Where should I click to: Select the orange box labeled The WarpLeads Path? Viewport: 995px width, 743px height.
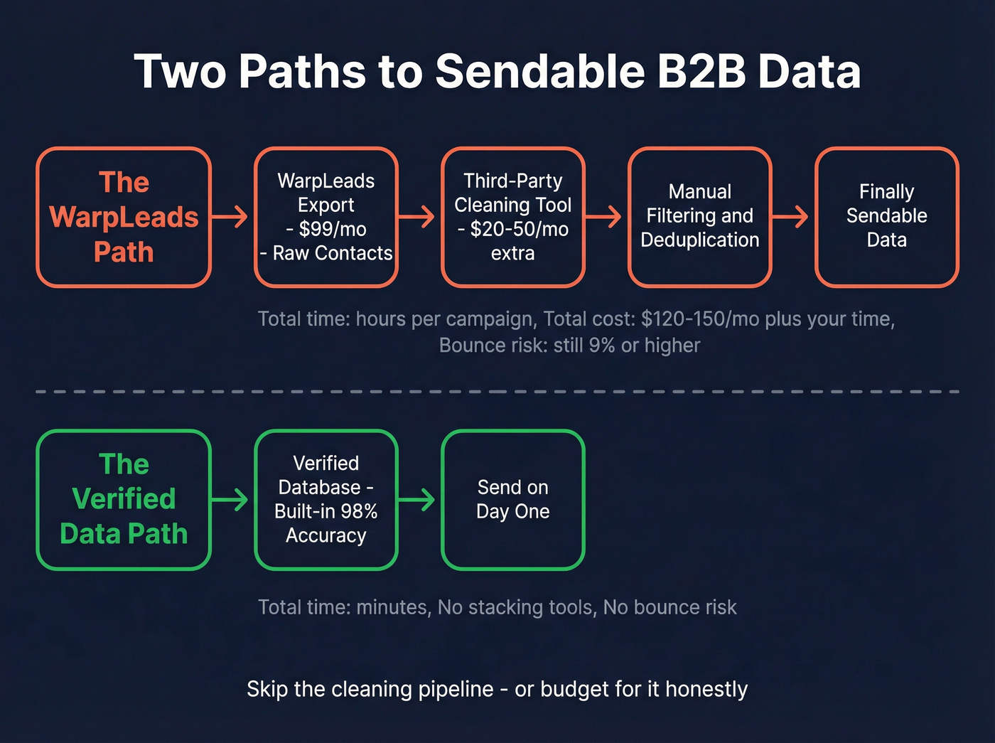[x=124, y=217]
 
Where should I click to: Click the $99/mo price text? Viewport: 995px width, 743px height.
[x=332, y=229]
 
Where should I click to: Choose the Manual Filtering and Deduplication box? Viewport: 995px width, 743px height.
[x=700, y=216]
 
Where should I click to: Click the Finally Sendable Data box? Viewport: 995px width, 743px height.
[x=886, y=216]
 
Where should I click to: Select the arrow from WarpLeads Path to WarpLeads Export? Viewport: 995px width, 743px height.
[x=230, y=216]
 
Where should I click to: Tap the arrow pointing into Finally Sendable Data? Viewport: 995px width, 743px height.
[x=791, y=216]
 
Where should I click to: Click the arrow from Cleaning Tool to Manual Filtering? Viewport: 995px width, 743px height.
[x=604, y=216]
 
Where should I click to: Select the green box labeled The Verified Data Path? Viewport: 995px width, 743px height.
[x=124, y=499]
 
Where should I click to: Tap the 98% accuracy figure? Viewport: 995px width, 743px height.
[x=359, y=511]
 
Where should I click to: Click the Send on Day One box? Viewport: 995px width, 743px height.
[x=512, y=499]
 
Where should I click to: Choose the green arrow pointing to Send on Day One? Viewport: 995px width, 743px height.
[x=417, y=499]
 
